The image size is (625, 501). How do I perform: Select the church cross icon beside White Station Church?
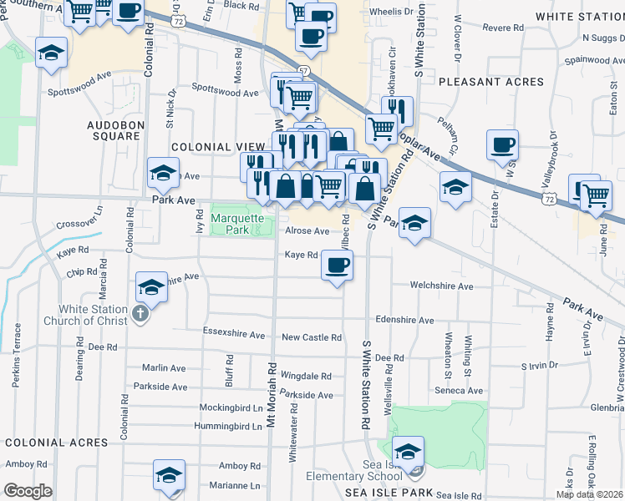coord(140,315)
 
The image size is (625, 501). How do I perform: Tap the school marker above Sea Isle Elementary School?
coord(408,452)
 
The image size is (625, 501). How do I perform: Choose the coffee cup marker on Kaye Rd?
coord(337,266)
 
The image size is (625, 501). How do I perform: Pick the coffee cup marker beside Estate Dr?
coord(503,145)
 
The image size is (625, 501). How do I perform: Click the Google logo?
coord(28,491)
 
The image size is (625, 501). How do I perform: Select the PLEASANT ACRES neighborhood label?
coord(490,82)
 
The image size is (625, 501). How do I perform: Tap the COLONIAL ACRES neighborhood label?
coord(46,443)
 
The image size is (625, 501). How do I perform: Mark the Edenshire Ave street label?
coord(404,320)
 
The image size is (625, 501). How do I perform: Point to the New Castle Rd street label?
coord(312,337)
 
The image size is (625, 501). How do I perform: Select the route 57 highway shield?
coord(302,72)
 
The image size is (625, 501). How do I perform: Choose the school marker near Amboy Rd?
coord(169,474)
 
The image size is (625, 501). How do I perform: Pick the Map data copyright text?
coord(589,494)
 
